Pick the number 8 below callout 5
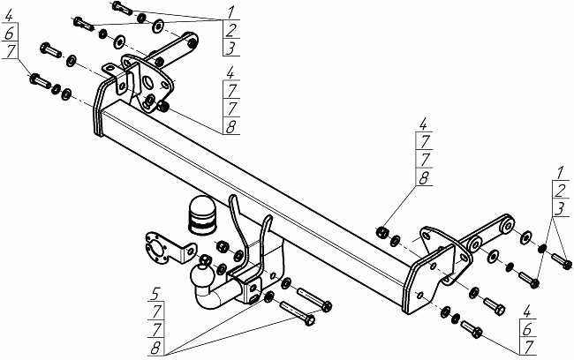155,345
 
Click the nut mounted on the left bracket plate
163,107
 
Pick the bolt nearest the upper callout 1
121,9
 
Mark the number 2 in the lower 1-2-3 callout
559,191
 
